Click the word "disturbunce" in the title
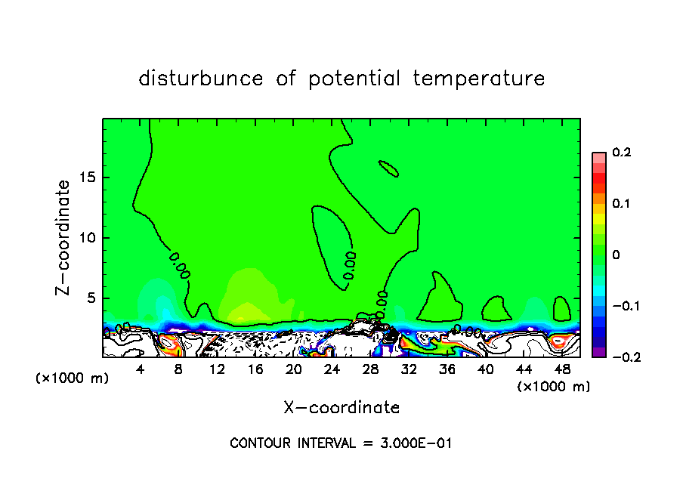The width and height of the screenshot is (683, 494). click(201, 79)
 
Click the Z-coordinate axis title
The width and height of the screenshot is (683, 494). click(65, 237)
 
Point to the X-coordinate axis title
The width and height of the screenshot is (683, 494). click(341, 408)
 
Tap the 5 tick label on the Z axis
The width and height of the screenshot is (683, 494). click(91, 298)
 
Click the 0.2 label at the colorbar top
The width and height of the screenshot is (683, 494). click(621, 153)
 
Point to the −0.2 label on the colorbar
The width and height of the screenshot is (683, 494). click(621, 357)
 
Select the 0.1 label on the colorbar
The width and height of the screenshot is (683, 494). click(621, 204)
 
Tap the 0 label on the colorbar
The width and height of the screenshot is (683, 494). click(616, 255)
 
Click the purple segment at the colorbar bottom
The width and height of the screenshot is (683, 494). click(599, 352)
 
